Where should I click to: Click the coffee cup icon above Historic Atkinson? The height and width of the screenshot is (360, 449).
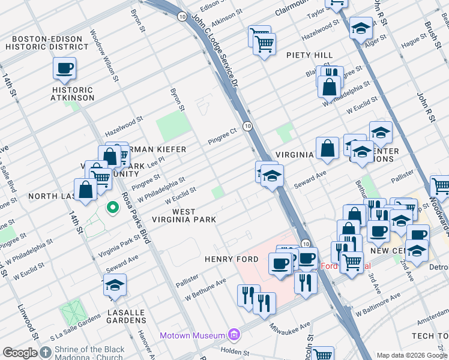click(65, 68)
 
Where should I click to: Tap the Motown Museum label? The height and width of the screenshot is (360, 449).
click(193, 335)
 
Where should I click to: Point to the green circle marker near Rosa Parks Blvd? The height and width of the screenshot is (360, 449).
click(112, 208)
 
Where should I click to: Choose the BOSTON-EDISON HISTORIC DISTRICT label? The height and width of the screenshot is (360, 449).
click(44, 42)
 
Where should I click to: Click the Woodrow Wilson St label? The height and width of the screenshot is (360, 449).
click(103, 53)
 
